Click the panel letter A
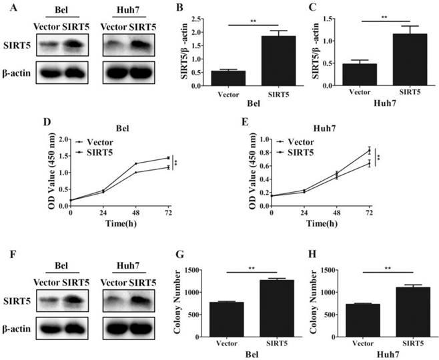(x=5, y=8)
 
